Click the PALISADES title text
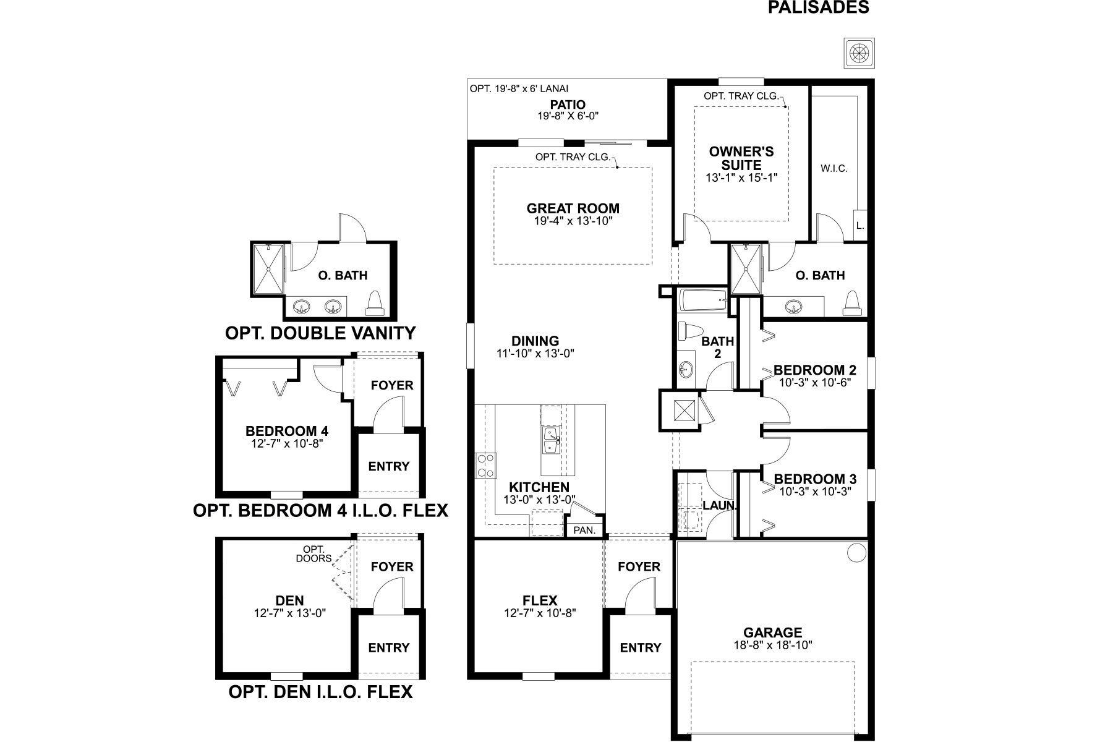(x=818, y=7)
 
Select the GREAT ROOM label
(x=573, y=208)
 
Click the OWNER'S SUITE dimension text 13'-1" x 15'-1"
(x=741, y=177)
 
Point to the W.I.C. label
(x=834, y=168)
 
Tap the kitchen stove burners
(x=485, y=466)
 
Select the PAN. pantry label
(x=584, y=530)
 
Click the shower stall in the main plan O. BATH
(x=746, y=269)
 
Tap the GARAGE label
(x=772, y=633)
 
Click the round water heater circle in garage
(x=856, y=552)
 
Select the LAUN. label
(x=720, y=505)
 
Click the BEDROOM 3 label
(x=814, y=479)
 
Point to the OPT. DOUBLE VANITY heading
(x=320, y=333)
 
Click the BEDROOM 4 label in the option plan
(x=286, y=431)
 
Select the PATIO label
(x=568, y=105)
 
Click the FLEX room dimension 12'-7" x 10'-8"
(x=539, y=613)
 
